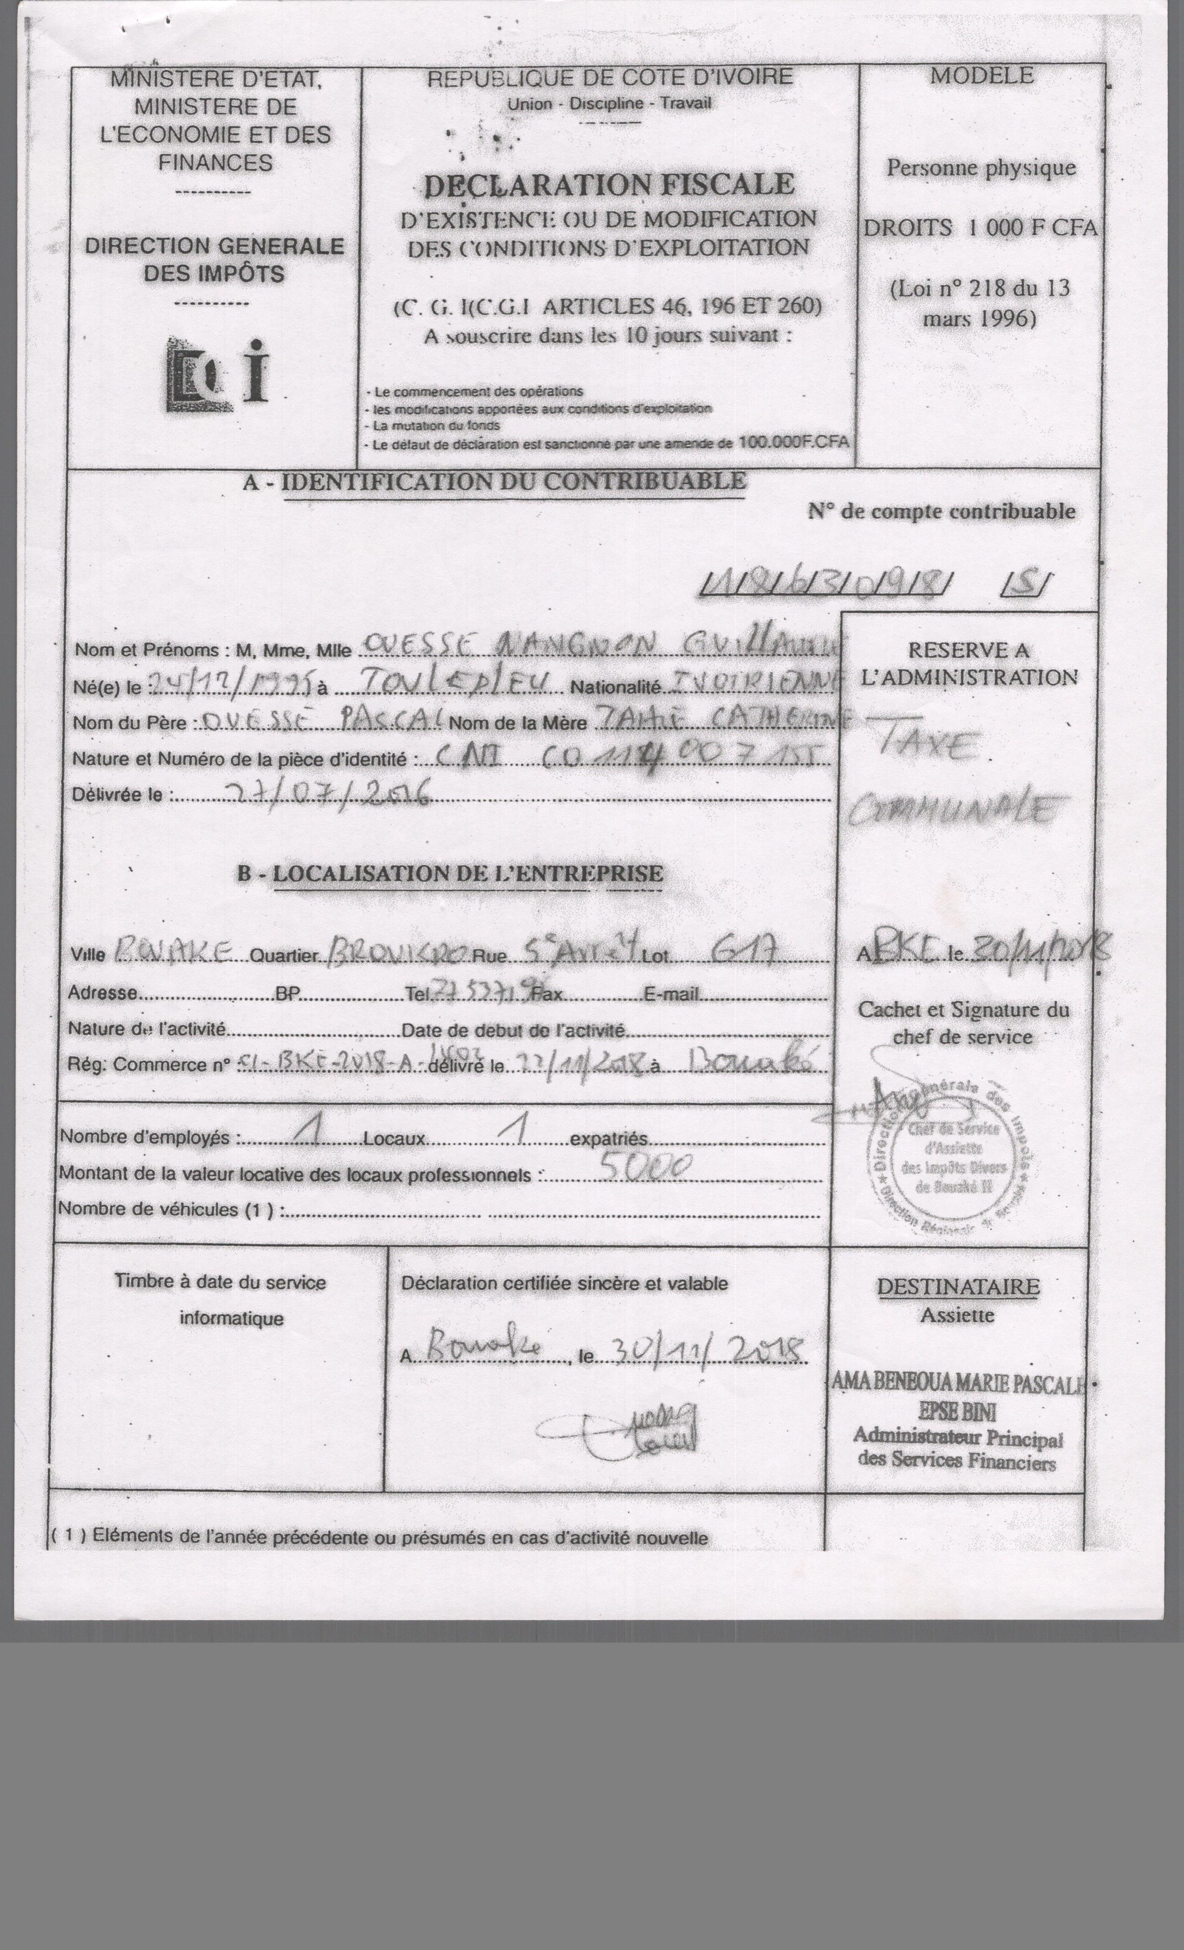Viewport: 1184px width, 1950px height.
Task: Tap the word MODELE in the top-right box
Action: coord(982,76)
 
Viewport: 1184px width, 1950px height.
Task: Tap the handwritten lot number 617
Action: coord(743,949)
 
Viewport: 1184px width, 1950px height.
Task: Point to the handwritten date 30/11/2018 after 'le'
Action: coord(704,1352)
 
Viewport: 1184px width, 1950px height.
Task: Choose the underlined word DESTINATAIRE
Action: coord(957,1287)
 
